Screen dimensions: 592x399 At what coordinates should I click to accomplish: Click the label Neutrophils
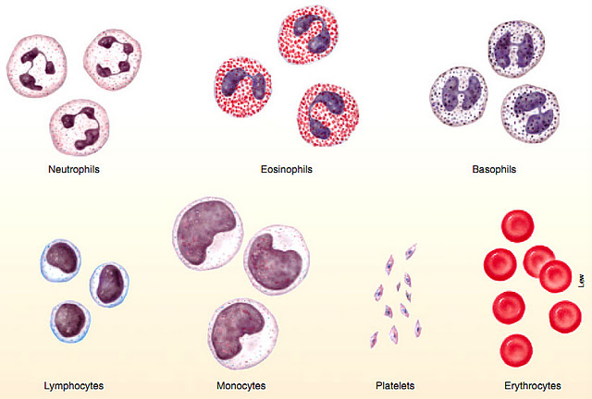pyautogui.click(x=74, y=170)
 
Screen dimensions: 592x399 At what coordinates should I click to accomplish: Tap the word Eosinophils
pyautogui.click(x=287, y=170)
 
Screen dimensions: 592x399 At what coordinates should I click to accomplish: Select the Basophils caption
pyautogui.click(x=494, y=170)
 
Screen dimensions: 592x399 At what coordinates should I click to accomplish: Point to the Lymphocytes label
pyautogui.click(x=74, y=384)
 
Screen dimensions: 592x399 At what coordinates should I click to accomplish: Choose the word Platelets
pyautogui.click(x=395, y=384)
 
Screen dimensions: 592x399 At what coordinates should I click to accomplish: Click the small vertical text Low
pyautogui.click(x=581, y=278)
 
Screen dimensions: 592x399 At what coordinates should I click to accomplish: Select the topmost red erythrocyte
pyautogui.click(x=517, y=228)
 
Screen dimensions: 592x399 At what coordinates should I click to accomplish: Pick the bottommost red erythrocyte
pyautogui.click(x=515, y=350)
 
